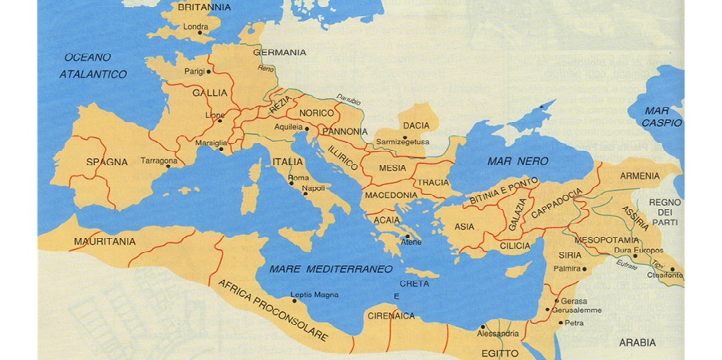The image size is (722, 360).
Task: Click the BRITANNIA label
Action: [x=204, y=7]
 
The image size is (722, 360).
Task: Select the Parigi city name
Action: [x=195, y=72]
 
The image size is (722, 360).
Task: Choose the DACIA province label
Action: [x=416, y=126]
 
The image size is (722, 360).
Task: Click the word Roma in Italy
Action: [x=297, y=177]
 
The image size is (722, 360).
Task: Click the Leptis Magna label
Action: [x=314, y=295]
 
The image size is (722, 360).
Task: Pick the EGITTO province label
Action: [x=500, y=352]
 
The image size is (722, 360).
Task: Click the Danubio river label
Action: [x=348, y=100]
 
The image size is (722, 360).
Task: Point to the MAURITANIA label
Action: [x=105, y=241]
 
